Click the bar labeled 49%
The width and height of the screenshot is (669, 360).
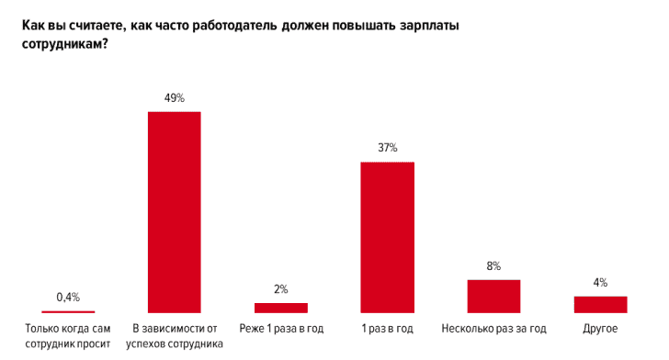(175, 212)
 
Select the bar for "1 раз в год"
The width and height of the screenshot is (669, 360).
(387, 238)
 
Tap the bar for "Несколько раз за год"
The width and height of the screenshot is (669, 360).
(493, 296)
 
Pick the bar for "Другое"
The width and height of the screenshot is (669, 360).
(600, 304)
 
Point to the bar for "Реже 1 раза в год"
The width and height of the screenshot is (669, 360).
(280, 308)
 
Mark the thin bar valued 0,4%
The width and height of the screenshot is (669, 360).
(68, 312)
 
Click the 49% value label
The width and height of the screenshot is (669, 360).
(175, 97)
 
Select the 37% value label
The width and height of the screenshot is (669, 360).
(387, 148)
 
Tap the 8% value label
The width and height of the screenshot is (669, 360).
(493, 265)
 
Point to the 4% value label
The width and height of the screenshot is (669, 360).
(600, 282)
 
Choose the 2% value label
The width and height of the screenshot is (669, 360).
(280, 288)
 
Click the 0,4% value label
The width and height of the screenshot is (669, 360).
(68, 297)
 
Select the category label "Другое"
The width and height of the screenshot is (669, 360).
(600, 328)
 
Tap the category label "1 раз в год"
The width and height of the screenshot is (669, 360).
(387, 328)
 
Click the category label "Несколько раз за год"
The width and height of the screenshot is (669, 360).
(493, 328)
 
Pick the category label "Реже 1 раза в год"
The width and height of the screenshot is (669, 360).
(280, 328)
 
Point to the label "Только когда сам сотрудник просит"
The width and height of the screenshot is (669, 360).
(68, 336)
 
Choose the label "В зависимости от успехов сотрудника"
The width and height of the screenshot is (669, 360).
(175, 336)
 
